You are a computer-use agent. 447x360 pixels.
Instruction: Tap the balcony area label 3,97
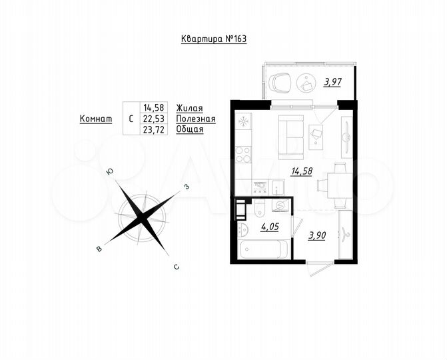click(x=333, y=82)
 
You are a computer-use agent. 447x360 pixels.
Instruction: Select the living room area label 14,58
click(x=301, y=171)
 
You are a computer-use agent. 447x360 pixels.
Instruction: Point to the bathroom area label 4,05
click(x=269, y=227)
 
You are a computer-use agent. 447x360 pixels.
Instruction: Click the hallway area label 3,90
click(x=317, y=235)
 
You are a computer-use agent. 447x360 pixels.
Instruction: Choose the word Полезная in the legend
click(x=196, y=119)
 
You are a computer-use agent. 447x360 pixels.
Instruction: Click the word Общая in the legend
click(x=189, y=129)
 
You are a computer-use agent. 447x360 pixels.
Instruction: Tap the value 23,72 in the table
click(x=153, y=129)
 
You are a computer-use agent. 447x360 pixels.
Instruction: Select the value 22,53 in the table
click(x=153, y=119)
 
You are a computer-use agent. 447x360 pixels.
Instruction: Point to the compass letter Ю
click(x=109, y=173)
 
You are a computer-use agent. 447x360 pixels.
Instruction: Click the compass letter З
click(x=187, y=187)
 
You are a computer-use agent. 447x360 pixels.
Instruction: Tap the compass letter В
click(x=99, y=249)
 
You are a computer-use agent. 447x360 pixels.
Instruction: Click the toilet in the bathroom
click(x=259, y=211)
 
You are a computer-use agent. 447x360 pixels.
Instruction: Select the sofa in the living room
click(x=290, y=133)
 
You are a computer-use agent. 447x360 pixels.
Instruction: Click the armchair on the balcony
click(x=280, y=83)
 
